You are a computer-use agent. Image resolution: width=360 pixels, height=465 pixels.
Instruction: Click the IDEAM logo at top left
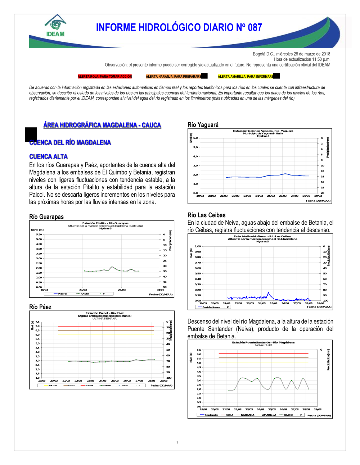click(x=55, y=26)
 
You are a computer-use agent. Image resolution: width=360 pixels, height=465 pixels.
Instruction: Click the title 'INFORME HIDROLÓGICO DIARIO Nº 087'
click(x=179, y=27)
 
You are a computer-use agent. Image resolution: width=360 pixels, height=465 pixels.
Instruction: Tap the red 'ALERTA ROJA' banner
click(x=105, y=77)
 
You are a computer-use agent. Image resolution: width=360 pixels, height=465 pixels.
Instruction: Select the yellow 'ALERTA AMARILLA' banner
click(x=246, y=77)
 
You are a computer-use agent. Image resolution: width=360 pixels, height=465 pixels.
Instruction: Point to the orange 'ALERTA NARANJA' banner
click(x=174, y=77)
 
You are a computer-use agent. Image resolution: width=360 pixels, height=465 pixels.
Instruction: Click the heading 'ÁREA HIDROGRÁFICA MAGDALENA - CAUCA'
click(x=102, y=125)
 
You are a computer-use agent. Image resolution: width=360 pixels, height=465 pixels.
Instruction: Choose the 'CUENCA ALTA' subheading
click(x=48, y=156)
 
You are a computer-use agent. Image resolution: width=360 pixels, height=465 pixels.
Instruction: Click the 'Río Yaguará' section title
click(x=203, y=125)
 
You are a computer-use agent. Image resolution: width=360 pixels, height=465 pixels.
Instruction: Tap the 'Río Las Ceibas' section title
click(x=207, y=215)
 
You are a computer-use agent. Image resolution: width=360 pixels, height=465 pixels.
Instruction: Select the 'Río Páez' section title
click(x=40, y=307)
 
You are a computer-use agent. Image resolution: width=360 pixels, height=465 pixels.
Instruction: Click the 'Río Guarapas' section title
click(x=46, y=216)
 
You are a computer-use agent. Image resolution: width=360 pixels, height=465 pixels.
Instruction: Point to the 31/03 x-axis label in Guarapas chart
click(x=161, y=290)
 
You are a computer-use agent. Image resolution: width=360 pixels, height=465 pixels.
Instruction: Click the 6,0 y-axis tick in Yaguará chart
click(x=195, y=138)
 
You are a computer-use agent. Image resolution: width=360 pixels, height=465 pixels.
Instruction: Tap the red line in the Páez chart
click(x=106, y=326)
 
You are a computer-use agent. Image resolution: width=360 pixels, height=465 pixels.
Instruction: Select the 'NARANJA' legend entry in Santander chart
click(x=247, y=415)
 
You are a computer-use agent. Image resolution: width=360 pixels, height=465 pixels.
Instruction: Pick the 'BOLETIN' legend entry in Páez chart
click(x=53, y=386)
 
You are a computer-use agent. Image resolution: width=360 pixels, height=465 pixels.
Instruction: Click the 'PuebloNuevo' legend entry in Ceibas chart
click(x=211, y=307)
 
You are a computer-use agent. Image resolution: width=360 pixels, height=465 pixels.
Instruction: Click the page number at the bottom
click(x=177, y=442)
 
